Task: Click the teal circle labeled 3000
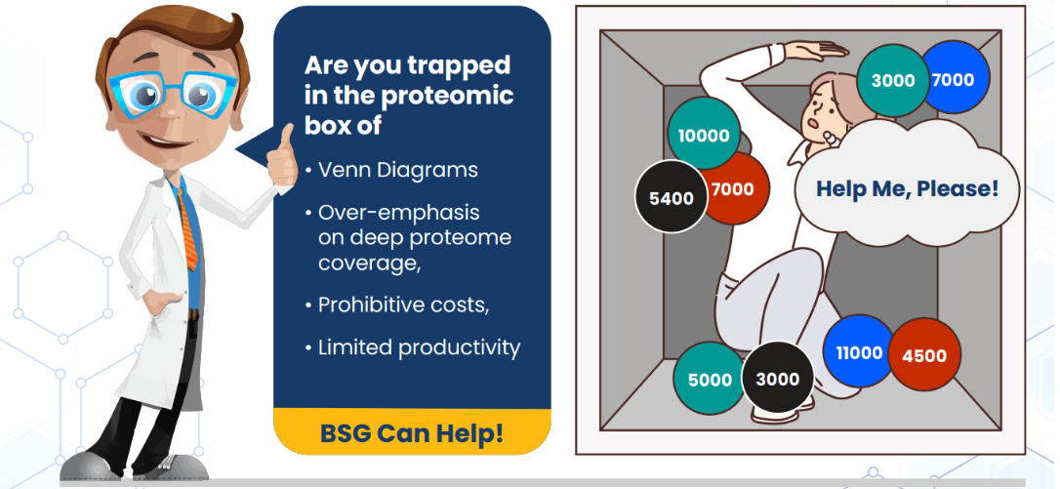coord(892,80)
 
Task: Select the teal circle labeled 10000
coord(704,135)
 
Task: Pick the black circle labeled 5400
coord(672,197)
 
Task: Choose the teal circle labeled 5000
coord(710,379)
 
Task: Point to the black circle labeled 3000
coord(777,378)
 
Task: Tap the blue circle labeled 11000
coord(859,352)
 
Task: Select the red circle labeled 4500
coord(924,354)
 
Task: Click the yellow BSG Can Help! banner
coord(412,431)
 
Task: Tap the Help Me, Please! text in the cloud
coord(907,188)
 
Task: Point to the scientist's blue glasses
coord(173,95)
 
